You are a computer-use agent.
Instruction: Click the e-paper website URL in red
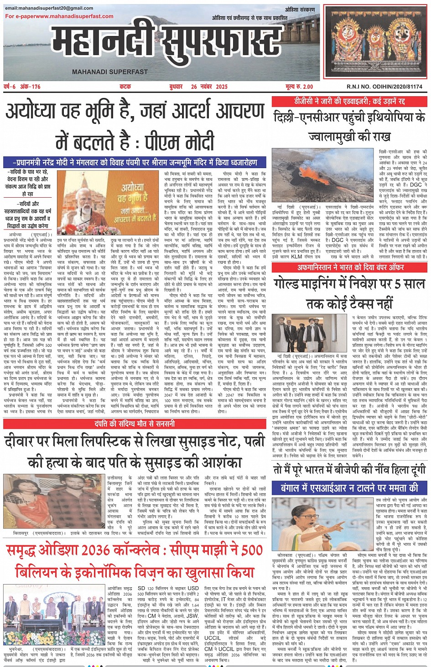click(59, 16)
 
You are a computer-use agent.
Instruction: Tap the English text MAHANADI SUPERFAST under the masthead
click(110, 72)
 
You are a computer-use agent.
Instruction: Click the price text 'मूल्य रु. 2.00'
click(299, 87)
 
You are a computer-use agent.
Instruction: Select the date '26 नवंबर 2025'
click(209, 87)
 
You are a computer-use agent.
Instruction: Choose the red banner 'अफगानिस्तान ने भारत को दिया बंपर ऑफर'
click(351, 267)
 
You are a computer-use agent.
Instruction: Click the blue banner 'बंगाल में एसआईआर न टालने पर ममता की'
click(350, 488)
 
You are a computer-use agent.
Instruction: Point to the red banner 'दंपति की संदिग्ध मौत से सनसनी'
click(135, 424)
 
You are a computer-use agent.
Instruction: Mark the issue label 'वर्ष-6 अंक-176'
click(22, 87)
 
